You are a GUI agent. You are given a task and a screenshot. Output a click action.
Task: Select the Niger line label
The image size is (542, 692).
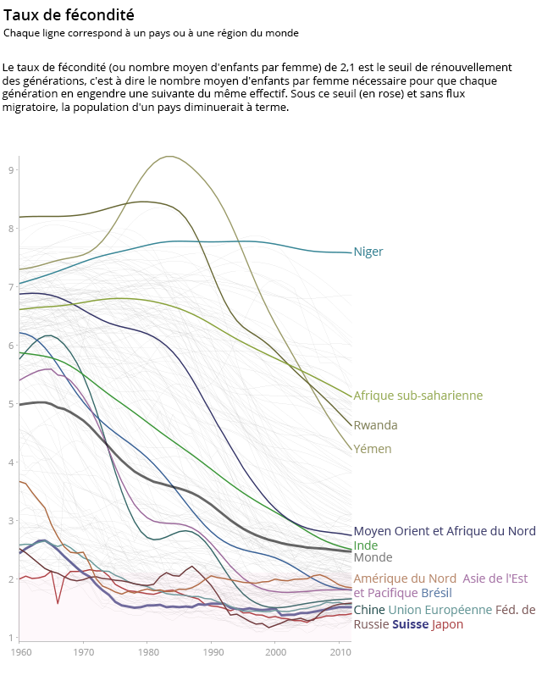(368, 252)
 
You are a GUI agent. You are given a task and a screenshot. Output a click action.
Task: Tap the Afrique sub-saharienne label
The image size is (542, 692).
(418, 396)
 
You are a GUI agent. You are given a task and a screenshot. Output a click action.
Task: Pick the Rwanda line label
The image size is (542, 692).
(375, 425)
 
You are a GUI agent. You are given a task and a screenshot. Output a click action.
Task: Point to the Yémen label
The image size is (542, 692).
(373, 449)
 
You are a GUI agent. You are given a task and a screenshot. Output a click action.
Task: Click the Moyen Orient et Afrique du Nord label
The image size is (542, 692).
(444, 531)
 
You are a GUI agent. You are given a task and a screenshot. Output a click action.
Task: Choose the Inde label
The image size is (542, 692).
(366, 545)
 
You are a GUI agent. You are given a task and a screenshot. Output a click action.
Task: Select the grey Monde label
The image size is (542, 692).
(373, 558)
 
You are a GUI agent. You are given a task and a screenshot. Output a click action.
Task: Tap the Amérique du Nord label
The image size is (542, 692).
(405, 579)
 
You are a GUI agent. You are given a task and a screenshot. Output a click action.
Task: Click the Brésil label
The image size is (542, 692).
(436, 593)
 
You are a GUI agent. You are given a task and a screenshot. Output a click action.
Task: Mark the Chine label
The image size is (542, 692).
(369, 610)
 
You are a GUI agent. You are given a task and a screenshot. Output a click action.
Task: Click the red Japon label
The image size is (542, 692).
(448, 625)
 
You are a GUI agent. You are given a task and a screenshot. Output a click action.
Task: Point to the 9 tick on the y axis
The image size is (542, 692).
(10, 170)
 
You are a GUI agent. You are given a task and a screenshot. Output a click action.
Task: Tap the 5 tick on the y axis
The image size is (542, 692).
(10, 404)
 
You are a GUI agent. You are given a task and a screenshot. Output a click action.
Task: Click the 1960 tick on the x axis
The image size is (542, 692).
(19, 652)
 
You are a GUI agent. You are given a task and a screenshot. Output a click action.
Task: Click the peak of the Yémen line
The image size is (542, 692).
(170, 157)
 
